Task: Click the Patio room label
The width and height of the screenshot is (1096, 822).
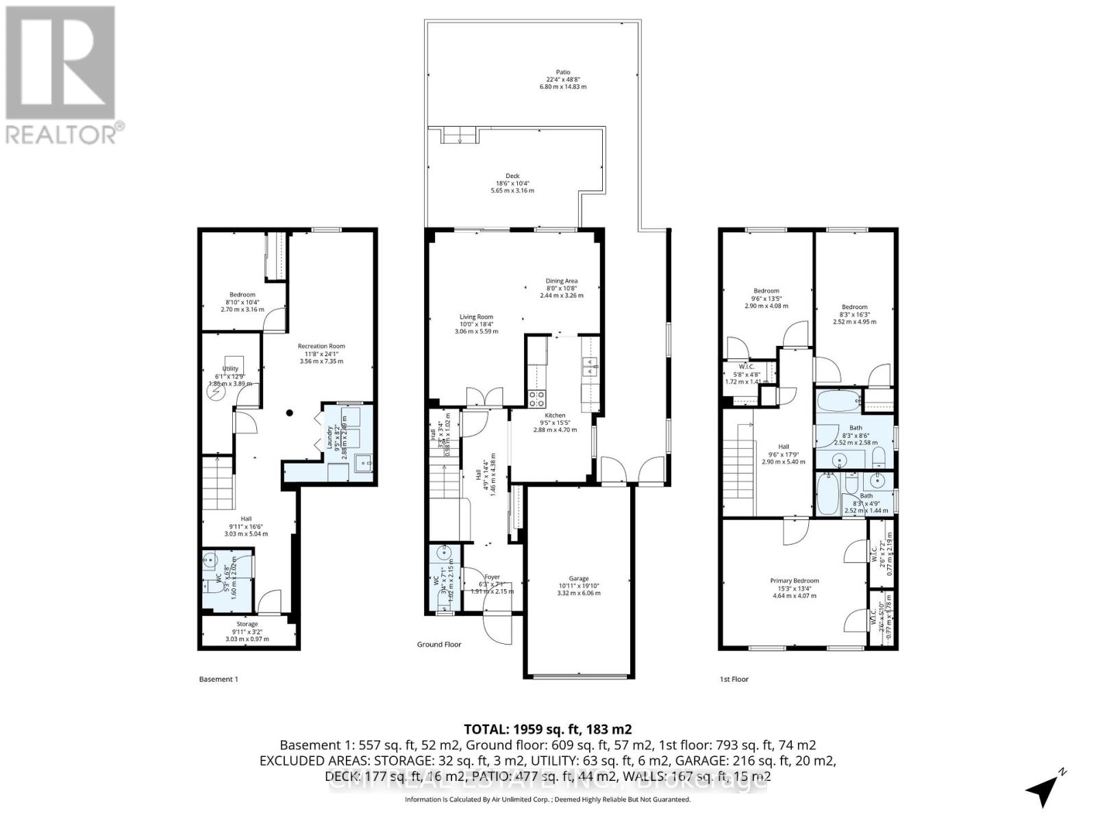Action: point(562,73)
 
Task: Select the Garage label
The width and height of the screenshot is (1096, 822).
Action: point(578,579)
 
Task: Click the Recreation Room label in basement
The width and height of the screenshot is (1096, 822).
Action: point(321,347)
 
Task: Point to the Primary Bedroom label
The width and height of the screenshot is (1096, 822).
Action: point(794,581)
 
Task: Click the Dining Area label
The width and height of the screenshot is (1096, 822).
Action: point(561,281)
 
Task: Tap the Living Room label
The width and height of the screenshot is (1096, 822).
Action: point(476,317)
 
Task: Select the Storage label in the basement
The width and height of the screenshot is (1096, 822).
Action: point(247,624)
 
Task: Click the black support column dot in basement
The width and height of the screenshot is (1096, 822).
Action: point(290,413)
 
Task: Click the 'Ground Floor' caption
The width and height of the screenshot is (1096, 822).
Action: point(439,645)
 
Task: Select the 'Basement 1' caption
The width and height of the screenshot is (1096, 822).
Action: point(219,680)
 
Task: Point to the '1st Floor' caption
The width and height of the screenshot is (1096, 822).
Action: point(734,680)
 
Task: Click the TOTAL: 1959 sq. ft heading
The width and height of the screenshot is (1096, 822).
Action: point(547,729)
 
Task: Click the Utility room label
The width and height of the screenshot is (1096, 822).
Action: point(230,369)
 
